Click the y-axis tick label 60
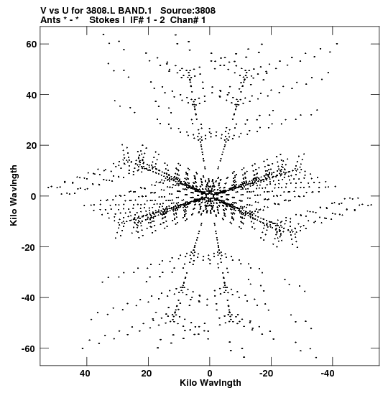click(31, 44)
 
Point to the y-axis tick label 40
click(31, 95)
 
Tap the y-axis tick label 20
click(31, 146)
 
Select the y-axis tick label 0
click(34, 197)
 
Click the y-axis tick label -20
click(29, 247)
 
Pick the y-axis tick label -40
click(29, 298)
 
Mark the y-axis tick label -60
click(29, 348)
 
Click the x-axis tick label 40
click(85, 374)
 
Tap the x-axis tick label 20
click(147, 374)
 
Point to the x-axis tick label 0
click(210, 374)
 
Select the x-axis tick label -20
click(266, 374)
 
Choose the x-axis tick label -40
click(328, 374)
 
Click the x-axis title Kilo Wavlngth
click(211, 383)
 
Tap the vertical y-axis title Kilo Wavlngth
click(14, 195)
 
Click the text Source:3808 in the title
click(188, 11)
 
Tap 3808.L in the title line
click(101, 11)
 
